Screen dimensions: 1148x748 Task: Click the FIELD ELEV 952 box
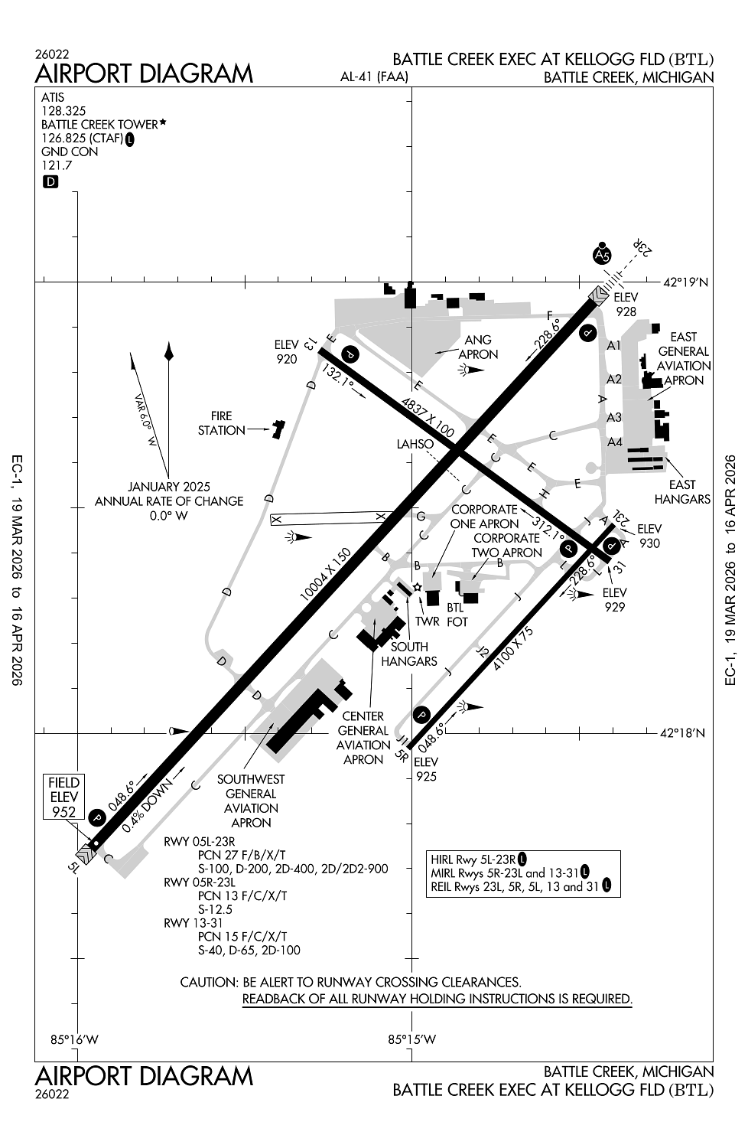64,797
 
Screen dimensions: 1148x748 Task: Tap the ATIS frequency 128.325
63,111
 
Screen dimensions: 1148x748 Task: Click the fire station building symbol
277,429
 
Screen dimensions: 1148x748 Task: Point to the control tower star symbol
417,587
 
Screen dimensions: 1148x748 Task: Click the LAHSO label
415,444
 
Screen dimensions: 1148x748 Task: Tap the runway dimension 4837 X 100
428,417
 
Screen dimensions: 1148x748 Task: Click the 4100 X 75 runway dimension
513,649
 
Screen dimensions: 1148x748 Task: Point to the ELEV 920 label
287,352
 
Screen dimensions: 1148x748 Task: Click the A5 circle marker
603,255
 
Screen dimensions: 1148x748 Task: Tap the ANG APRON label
478,347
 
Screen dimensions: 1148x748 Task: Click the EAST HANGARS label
682,491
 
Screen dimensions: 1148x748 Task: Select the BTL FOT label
457,615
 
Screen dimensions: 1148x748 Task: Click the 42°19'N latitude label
685,282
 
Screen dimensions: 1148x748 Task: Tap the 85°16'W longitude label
75,1039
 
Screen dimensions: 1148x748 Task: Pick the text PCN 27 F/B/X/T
241,855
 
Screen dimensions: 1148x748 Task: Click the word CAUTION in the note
208,982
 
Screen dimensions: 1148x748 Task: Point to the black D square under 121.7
50,182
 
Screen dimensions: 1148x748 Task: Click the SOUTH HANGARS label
409,654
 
